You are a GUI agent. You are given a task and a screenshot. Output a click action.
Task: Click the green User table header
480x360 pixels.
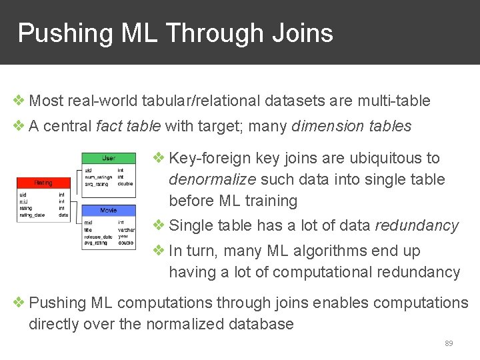pos(108,158)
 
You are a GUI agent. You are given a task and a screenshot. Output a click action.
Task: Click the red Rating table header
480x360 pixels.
pos(43,183)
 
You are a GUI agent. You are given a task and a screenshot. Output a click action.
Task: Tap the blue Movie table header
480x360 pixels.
pos(108,211)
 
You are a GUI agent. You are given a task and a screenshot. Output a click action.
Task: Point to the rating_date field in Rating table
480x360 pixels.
pos(32,215)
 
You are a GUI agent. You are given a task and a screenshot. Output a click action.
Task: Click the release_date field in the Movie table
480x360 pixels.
pos(98,236)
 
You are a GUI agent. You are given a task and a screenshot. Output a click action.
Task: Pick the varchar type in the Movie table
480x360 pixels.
pos(126,229)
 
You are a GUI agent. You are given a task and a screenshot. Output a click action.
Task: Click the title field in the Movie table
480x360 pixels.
pos(89,229)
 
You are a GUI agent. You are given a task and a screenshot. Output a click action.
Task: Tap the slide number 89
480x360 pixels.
pos(449,343)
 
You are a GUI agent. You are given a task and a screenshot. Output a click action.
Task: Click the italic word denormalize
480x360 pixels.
pos(213,179)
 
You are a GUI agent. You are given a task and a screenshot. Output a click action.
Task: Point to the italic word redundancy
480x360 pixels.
pos(417,226)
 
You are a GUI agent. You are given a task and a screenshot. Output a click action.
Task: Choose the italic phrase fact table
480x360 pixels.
pos(129,127)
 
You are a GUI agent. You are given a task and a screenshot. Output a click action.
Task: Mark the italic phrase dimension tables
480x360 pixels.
pos(351,127)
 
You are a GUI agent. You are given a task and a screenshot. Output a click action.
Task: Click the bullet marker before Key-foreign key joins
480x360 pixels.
pos(159,158)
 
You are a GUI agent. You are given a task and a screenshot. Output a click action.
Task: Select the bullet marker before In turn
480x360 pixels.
pos(159,251)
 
